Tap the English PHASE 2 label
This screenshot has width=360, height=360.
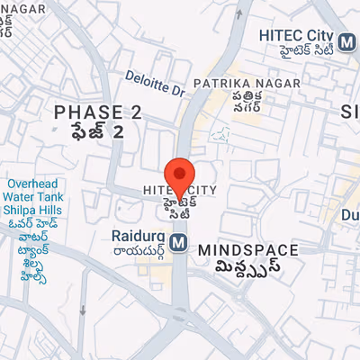[98, 112]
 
